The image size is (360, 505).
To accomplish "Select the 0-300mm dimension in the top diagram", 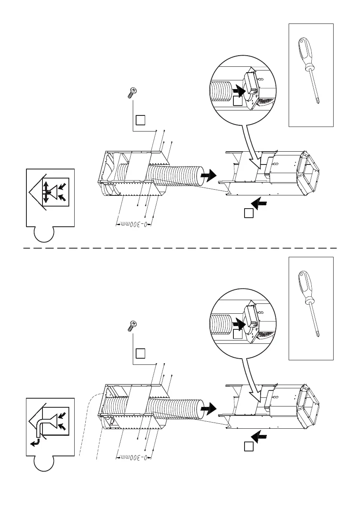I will tap(133, 225).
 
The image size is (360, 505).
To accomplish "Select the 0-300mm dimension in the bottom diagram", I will tap(133, 458).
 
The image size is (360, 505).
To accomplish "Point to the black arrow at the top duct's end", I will tap(209, 175).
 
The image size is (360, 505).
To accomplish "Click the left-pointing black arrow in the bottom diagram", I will tap(259, 436).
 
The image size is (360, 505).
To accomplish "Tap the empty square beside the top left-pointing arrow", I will tap(247, 213).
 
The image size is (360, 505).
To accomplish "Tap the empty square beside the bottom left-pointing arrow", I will tap(247, 447).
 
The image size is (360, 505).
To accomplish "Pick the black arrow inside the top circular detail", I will tap(238, 89).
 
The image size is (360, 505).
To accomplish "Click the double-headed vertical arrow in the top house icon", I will tap(46, 192).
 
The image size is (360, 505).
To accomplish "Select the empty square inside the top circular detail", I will tap(237, 101).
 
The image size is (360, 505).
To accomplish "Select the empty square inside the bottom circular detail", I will tap(237, 334).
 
